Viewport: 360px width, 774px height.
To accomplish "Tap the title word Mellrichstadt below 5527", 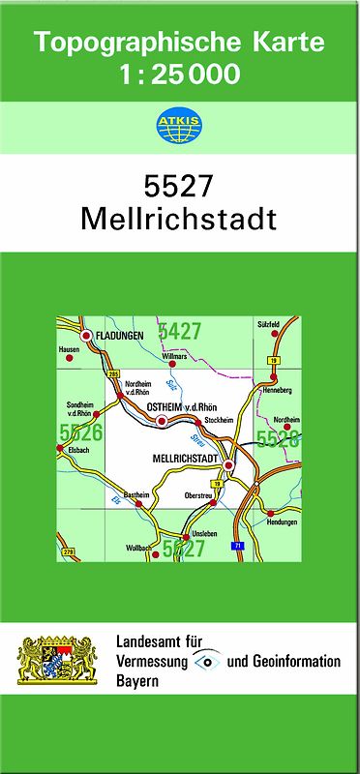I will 179,217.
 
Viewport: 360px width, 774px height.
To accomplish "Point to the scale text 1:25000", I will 179,74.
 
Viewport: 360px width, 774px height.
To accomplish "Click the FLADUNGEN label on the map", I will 119,335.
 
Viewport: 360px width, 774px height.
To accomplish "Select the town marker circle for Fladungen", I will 87,335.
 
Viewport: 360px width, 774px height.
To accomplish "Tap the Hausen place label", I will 68,348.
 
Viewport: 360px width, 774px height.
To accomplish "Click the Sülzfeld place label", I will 268,323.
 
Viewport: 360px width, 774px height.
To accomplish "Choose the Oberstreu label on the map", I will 198,494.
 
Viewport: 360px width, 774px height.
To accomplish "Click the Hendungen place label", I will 281,521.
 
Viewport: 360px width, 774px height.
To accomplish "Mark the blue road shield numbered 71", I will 237,547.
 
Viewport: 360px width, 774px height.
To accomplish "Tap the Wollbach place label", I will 138,548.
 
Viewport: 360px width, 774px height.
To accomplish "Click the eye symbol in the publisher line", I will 206,661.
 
